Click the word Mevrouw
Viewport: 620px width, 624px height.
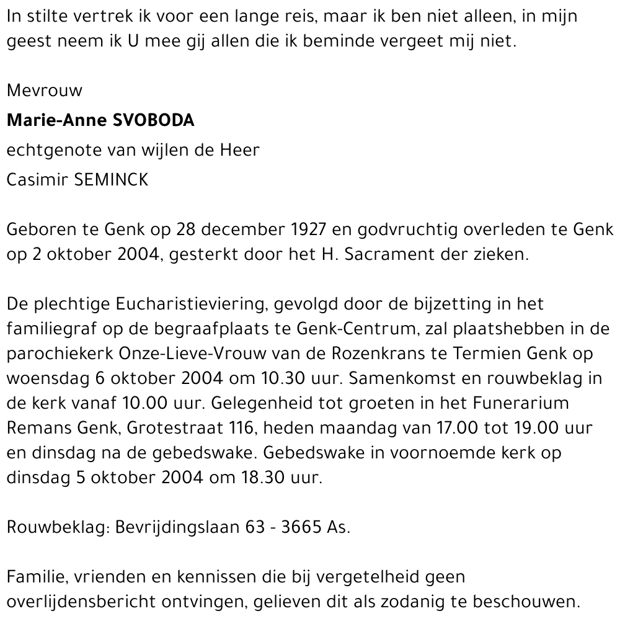point(44,91)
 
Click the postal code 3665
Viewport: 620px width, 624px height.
point(301,528)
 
